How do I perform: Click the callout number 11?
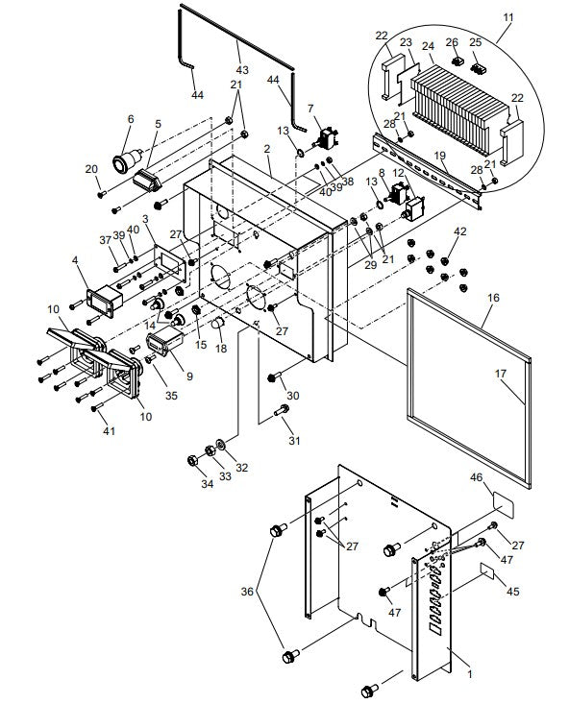[x=508, y=16]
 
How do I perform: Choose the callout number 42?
[x=459, y=231]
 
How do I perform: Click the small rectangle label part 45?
[x=490, y=572]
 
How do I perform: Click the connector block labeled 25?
[x=475, y=65]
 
